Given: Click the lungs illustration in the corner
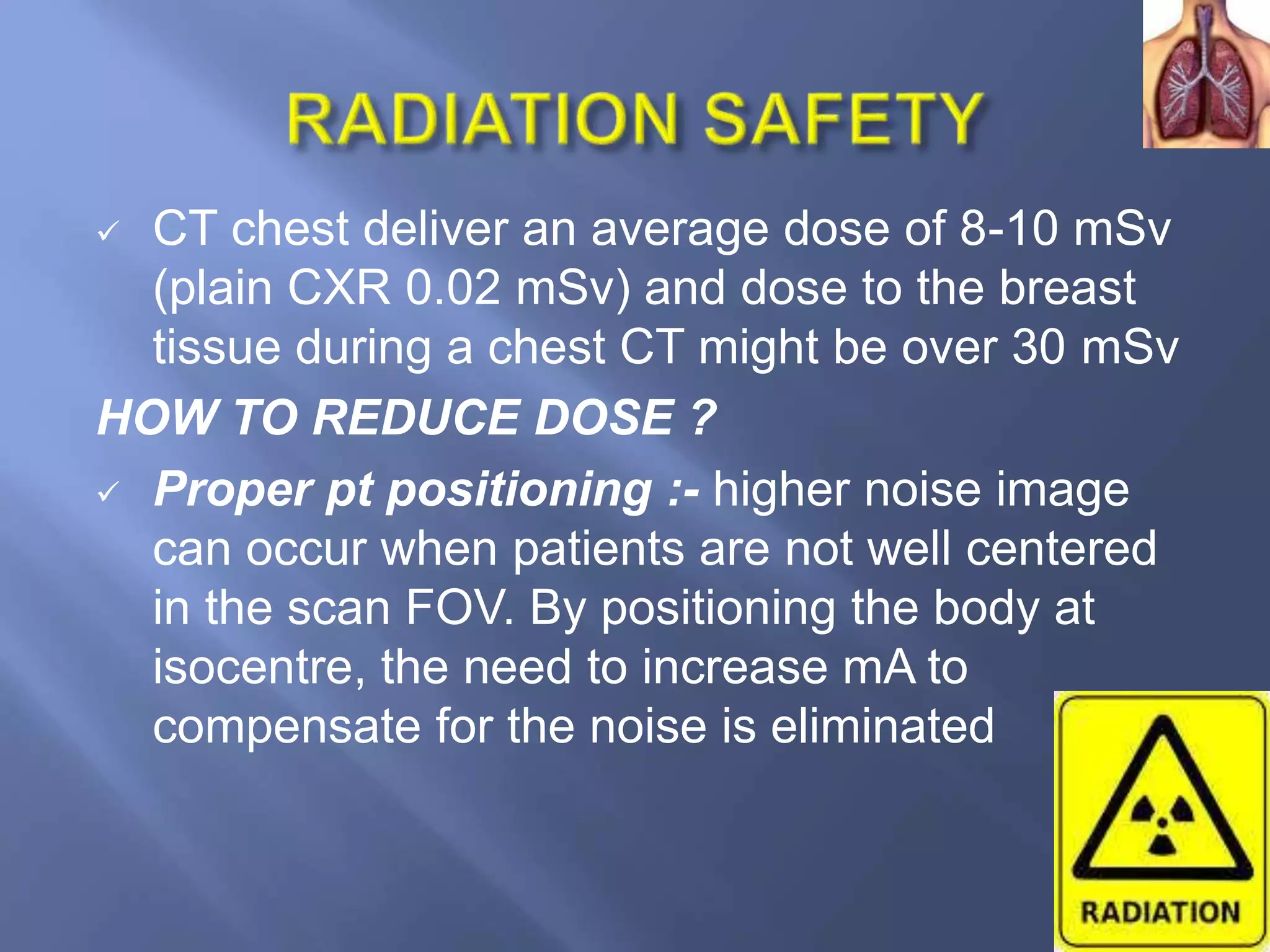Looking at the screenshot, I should pyautogui.click(x=1206, y=74).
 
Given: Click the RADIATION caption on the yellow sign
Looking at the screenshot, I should pyautogui.click(x=1160, y=913).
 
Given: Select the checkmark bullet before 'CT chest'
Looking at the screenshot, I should pyautogui.click(x=108, y=233).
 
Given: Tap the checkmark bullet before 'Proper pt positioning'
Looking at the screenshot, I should pyautogui.click(x=108, y=493).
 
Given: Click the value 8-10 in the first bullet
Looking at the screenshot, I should pyautogui.click(x=1008, y=229).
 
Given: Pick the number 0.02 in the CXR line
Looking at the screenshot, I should pyautogui.click(x=453, y=288).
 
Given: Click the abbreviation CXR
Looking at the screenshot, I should pyautogui.click(x=339, y=288).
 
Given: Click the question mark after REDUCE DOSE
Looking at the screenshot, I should pyautogui.click(x=703, y=417).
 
